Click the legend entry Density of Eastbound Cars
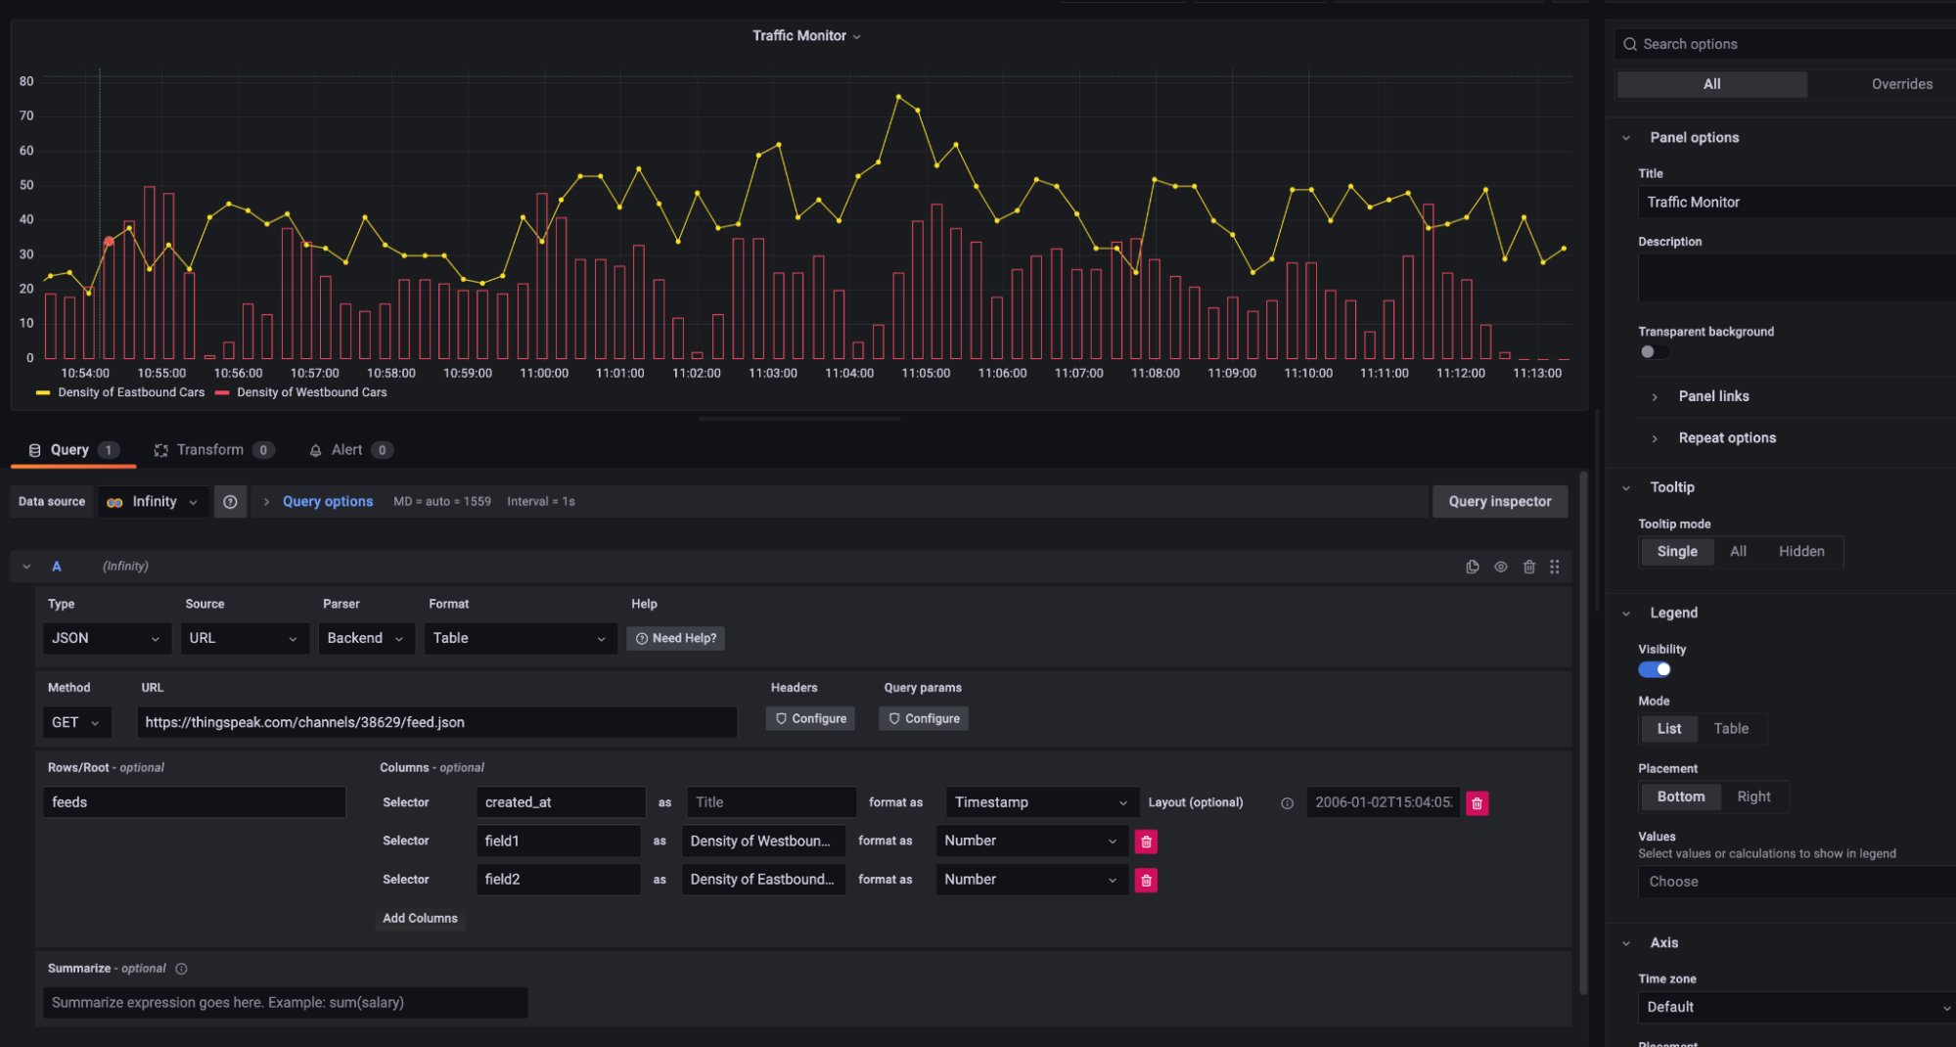click(x=131, y=392)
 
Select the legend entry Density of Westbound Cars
click(x=311, y=392)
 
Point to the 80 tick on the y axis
click(x=26, y=81)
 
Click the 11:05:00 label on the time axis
click(x=925, y=373)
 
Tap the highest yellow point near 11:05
click(x=898, y=97)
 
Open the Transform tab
click(x=210, y=450)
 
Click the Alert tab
click(x=346, y=450)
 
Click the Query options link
click(x=327, y=501)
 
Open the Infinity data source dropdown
click(x=154, y=501)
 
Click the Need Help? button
click(x=675, y=638)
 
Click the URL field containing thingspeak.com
click(x=436, y=722)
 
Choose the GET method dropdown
click(x=75, y=722)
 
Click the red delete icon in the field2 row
click(x=1146, y=880)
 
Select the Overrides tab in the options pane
click(x=1901, y=84)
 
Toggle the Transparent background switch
click(x=1654, y=352)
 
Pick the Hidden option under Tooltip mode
click(x=1800, y=552)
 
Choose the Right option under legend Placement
click(x=1752, y=797)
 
